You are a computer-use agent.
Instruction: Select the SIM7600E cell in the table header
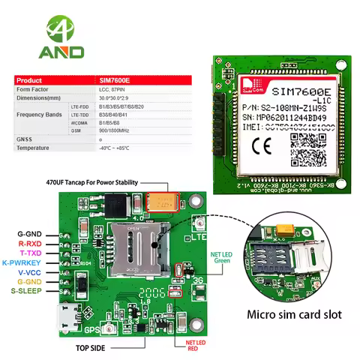tap(117, 80)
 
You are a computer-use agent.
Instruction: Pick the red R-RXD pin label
tap(31, 244)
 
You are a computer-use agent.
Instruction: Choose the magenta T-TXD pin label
tap(31, 253)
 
